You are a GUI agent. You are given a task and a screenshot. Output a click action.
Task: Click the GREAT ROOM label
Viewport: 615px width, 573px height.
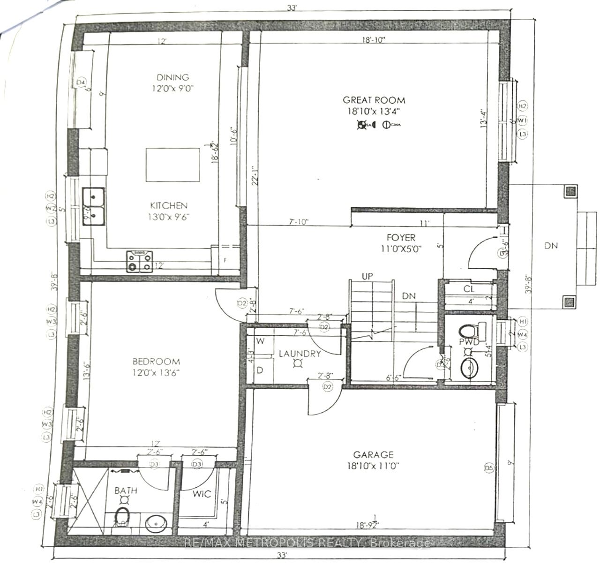[374, 100]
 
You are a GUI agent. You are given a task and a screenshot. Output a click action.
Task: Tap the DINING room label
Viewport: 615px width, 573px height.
[173, 77]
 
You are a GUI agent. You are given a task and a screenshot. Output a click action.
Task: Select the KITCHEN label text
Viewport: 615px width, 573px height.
[169, 205]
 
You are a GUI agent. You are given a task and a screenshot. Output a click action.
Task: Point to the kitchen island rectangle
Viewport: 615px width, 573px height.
[173, 165]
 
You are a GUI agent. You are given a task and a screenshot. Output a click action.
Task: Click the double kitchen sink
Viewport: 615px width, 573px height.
[94, 206]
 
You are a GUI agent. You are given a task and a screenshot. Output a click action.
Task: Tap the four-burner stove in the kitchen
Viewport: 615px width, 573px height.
[139, 262]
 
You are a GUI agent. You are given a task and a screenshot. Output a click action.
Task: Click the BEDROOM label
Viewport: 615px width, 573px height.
[156, 362]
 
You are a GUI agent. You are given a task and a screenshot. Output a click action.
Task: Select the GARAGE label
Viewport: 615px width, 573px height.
[373, 454]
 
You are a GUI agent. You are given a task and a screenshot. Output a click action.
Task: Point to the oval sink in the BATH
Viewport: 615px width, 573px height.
[154, 524]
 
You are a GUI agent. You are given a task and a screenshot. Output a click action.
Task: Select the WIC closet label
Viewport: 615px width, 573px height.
[202, 494]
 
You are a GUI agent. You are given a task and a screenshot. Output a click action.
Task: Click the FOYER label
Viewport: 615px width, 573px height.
[401, 238]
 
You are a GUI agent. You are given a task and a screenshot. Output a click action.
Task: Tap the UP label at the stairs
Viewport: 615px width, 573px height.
[367, 276]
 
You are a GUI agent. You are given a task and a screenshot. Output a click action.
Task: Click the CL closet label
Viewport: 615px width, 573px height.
[469, 289]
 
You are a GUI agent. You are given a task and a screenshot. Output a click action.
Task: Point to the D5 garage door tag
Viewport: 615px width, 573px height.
[489, 467]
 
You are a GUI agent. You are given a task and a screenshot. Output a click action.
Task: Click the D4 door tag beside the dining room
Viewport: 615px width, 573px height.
[81, 83]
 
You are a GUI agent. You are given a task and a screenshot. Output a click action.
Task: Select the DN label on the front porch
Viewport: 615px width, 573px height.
[551, 245]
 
